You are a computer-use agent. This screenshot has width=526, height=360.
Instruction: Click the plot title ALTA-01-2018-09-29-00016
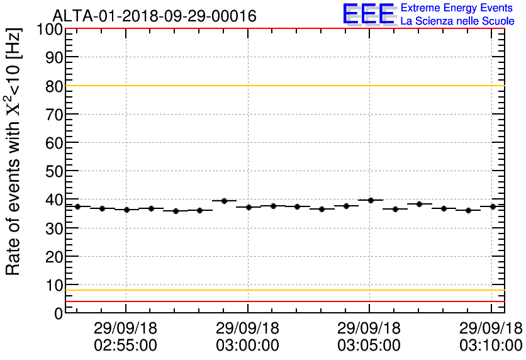(154, 16)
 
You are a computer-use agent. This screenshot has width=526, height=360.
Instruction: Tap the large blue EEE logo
(369, 14)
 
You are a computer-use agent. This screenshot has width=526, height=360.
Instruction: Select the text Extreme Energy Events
(457, 8)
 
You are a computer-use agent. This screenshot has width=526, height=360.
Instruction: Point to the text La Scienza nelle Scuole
(457, 21)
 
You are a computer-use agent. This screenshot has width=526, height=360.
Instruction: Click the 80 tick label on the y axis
(54, 86)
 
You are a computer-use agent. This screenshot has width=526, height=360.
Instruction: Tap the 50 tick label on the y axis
(54, 171)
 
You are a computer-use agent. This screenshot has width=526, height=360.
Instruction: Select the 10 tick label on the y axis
(54, 285)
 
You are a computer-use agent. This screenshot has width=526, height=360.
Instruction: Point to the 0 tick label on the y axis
(58, 313)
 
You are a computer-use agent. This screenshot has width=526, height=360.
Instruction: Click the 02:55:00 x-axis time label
(126, 345)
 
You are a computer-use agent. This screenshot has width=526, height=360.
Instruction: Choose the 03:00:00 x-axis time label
(247, 345)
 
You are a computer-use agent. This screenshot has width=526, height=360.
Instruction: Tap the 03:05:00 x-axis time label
(369, 345)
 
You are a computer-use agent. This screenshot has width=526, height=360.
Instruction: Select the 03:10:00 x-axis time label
(491, 345)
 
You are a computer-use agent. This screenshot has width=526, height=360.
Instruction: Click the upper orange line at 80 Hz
(283, 86)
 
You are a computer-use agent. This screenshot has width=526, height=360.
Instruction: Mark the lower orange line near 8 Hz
(283, 290)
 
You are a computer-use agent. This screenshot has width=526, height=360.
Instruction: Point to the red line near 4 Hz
(283, 301)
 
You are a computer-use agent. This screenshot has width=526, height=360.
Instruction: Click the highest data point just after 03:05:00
(371, 200)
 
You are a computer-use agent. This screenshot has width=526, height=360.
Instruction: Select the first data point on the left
(77, 206)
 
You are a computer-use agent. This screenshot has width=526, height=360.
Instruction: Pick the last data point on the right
(493, 206)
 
